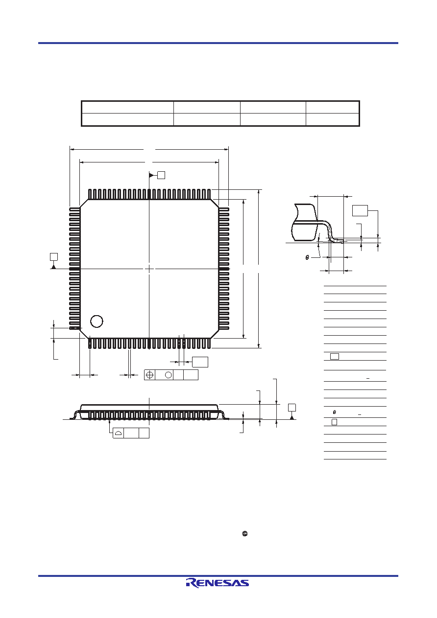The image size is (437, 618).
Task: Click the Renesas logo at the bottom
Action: (x=218, y=583)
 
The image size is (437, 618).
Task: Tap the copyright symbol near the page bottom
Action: (x=245, y=534)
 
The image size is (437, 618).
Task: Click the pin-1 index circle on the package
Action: (x=97, y=321)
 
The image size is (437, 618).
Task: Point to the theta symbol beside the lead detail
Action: (x=307, y=257)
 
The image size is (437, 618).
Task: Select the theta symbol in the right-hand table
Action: (x=334, y=412)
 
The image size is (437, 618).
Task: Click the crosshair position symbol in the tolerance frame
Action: (x=149, y=375)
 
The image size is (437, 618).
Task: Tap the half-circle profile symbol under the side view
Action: (x=118, y=433)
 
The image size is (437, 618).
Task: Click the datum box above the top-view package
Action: (x=161, y=175)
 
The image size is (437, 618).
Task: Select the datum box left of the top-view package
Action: (x=54, y=257)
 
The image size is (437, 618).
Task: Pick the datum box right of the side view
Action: (x=292, y=408)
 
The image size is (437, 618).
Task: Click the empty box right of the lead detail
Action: (x=360, y=210)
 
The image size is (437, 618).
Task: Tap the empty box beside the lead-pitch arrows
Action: (x=200, y=362)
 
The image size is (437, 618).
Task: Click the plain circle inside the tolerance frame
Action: (x=168, y=375)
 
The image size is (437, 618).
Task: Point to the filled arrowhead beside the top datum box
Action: (x=151, y=175)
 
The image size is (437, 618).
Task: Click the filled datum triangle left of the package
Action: (x=53, y=267)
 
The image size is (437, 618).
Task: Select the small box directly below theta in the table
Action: (x=334, y=422)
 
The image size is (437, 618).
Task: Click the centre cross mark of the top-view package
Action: (x=149, y=269)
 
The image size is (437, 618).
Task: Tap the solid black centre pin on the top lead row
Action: (x=149, y=194)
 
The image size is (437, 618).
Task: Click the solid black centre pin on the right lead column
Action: (x=224, y=269)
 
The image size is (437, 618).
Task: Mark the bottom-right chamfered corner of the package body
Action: (x=215, y=334)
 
